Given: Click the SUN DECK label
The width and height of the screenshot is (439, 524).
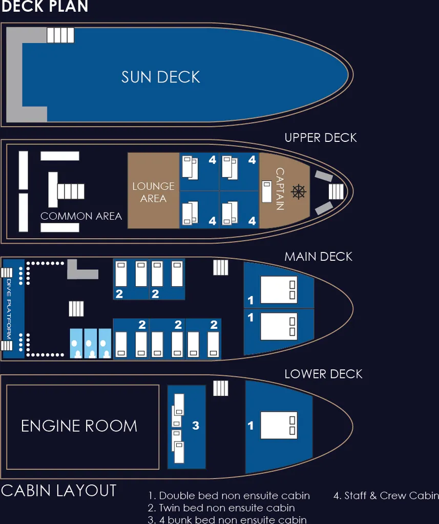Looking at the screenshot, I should (x=160, y=77).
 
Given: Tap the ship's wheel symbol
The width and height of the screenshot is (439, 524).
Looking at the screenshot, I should (x=298, y=192).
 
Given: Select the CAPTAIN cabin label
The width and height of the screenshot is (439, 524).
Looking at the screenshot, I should (x=280, y=188).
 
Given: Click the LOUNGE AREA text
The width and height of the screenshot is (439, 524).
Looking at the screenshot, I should (x=153, y=192).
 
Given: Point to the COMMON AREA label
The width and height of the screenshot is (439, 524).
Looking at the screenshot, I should (x=81, y=216).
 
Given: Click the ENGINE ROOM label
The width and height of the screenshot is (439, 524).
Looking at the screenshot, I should (x=79, y=426).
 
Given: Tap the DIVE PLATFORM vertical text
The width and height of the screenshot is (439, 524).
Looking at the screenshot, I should (x=9, y=309).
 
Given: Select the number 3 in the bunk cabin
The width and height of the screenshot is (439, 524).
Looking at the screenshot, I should (x=195, y=426).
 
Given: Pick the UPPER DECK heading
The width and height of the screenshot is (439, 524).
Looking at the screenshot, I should (x=321, y=138).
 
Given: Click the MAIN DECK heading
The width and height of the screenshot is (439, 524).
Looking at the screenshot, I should (x=318, y=257).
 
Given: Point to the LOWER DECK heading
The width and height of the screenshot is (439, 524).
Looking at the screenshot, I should (x=323, y=374).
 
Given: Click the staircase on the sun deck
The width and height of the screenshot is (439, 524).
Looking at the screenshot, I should (x=60, y=35).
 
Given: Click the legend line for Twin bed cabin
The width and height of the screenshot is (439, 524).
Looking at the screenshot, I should (x=221, y=508).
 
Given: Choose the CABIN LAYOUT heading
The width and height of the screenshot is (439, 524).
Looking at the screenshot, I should (x=59, y=491).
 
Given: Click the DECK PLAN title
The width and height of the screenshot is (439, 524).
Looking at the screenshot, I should (x=45, y=6).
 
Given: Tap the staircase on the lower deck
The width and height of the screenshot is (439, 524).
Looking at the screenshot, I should (x=220, y=388).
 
